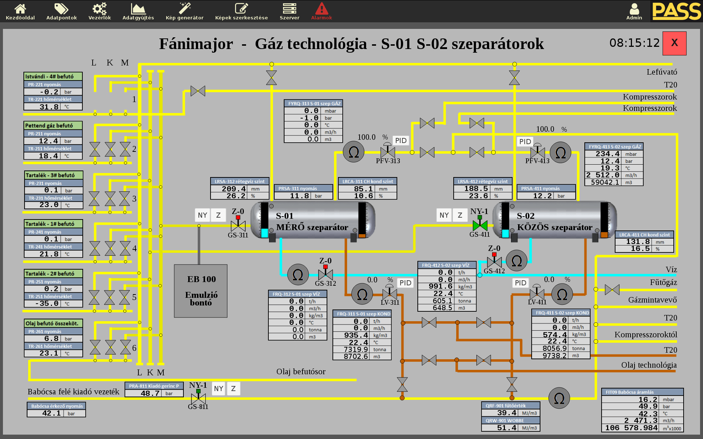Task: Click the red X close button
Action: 674,43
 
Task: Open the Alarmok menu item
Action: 321,11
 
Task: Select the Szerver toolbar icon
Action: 289,11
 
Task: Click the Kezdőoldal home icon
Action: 20,11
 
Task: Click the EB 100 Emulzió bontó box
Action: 201,291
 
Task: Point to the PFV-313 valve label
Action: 388,161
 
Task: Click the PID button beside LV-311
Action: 405,283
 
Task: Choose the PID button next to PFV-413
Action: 525,142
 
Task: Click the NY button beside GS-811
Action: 219,389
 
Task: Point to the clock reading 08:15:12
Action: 634,43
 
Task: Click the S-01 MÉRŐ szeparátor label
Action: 312,222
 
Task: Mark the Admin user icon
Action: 634,11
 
